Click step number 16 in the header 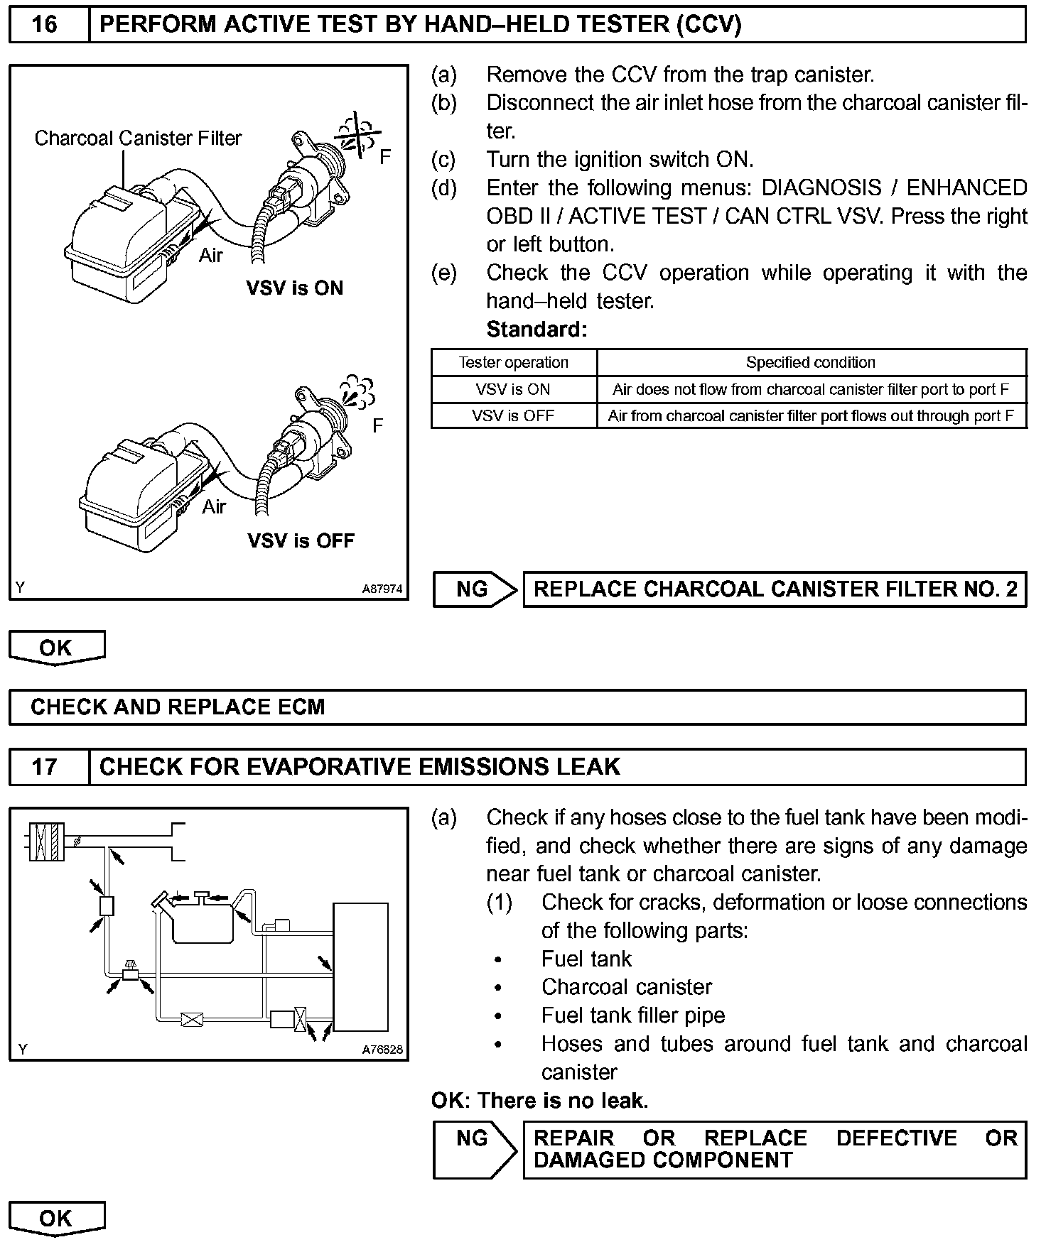(44, 25)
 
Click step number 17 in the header (44, 767)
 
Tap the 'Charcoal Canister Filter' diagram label (138, 138)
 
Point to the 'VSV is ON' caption (294, 288)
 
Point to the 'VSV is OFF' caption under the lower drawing (301, 540)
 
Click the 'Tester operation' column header (513, 362)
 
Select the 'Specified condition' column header (810, 362)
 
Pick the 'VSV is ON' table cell (513, 389)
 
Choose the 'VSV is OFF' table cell (513, 415)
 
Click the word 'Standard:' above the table (537, 330)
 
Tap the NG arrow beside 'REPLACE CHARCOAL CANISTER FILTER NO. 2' (474, 589)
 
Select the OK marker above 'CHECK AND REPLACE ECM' (56, 648)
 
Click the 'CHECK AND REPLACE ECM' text (178, 707)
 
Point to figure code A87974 (382, 589)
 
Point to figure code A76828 (382, 1050)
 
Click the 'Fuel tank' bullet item (586, 959)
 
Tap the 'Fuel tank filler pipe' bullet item (633, 1015)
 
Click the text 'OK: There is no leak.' (539, 1101)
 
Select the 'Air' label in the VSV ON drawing (211, 256)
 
